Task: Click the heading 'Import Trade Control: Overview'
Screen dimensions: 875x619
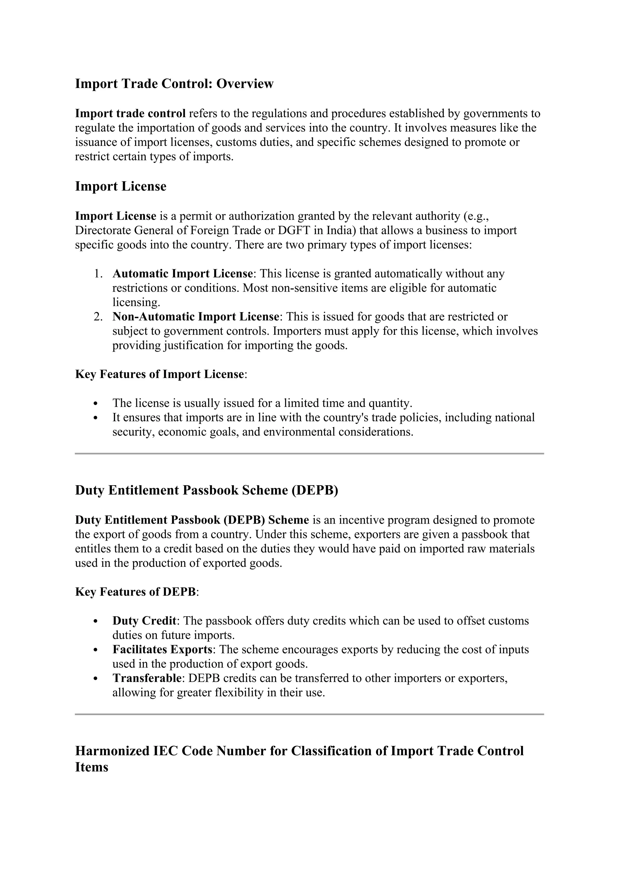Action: [x=174, y=83]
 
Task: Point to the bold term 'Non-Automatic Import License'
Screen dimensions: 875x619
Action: [x=196, y=316]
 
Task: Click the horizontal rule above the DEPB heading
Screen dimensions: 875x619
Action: [x=309, y=454]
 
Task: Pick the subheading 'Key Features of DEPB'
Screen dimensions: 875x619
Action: [x=135, y=592]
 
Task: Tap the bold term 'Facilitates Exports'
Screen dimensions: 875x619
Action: [x=162, y=649]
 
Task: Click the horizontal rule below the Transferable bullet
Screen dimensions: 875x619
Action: [x=309, y=714]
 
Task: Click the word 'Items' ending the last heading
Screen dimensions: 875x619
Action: [x=92, y=767]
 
